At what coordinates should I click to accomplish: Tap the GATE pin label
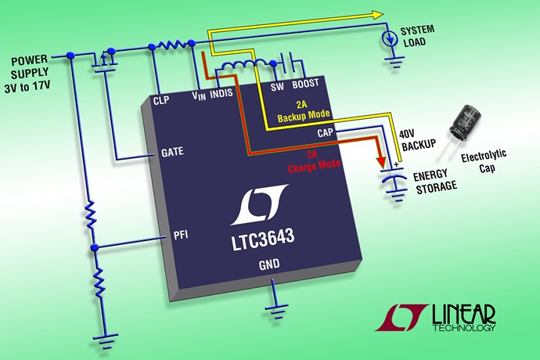[x=171, y=153]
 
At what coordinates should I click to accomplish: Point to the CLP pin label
[x=161, y=99]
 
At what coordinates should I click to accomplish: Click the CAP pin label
[x=326, y=133]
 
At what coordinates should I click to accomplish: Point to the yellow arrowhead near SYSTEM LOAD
[x=378, y=14]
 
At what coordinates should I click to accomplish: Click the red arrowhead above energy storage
[x=383, y=161]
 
